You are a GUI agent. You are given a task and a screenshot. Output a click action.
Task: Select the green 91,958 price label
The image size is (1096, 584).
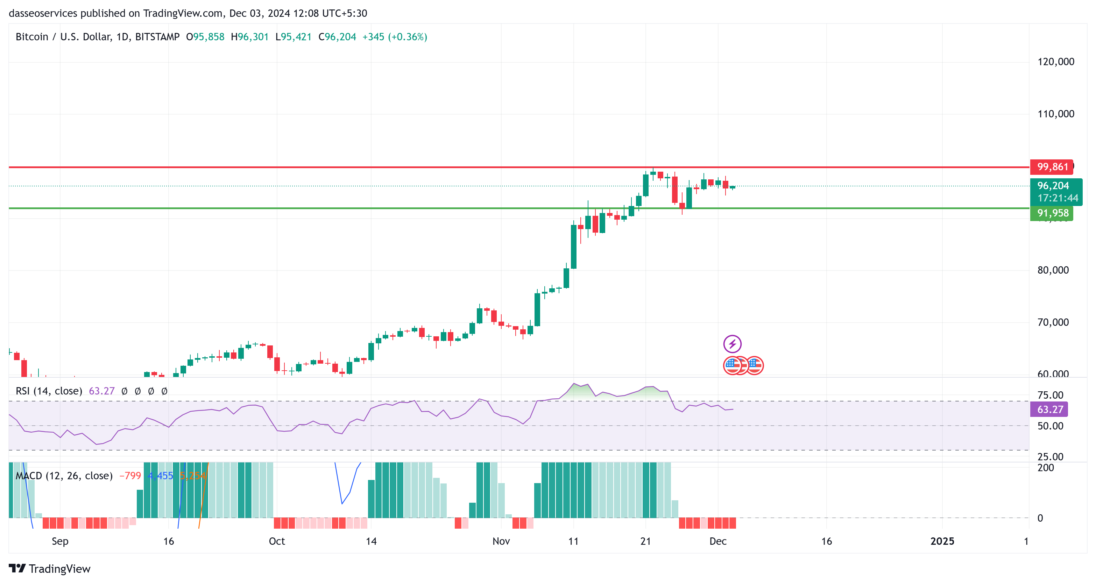[1052, 213]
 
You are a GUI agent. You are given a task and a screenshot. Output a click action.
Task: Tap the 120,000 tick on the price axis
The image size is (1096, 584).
[1055, 62]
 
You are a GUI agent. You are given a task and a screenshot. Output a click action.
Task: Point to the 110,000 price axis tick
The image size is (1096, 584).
[1055, 114]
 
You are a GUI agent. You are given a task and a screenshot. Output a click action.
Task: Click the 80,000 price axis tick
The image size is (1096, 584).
[1053, 270]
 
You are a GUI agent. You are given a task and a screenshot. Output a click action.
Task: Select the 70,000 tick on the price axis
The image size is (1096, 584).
[1053, 322]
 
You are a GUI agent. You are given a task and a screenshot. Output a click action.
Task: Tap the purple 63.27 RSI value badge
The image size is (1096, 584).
[1049, 409]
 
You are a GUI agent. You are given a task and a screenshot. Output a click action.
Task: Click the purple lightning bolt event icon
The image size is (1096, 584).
[732, 344]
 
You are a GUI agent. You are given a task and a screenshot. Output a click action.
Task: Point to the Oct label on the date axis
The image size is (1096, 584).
[277, 541]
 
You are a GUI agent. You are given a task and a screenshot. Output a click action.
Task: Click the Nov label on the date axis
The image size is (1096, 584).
[501, 541]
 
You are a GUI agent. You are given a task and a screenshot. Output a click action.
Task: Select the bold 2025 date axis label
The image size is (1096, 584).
[942, 541]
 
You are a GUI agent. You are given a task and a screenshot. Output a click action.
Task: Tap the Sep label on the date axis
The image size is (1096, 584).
[60, 541]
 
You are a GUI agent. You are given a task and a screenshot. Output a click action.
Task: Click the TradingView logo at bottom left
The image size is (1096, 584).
[50, 569]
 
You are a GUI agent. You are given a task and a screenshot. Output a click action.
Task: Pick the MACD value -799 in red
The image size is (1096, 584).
[130, 476]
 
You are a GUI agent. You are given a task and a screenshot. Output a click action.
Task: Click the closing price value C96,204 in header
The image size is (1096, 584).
[337, 37]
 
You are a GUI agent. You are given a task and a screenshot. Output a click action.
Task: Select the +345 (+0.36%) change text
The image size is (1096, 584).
[394, 37]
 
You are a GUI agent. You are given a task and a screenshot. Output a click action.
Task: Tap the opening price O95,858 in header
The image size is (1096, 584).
[205, 37]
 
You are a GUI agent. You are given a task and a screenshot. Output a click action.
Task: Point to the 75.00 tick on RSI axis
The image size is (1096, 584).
[1050, 395]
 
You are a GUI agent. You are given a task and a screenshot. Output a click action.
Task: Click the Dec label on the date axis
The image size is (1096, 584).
[718, 541]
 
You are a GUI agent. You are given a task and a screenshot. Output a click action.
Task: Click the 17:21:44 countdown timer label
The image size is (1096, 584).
[1057, 198]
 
